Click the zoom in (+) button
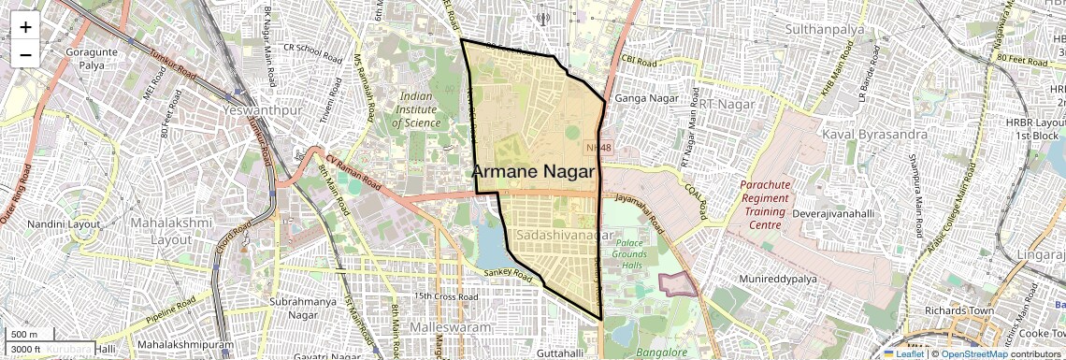[25, 27]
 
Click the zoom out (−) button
[25, 53]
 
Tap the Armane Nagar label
[534, 172]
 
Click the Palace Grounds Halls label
[636, 255]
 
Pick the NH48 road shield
[598, 149]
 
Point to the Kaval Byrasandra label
[875, 135]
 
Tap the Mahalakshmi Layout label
[163, 232]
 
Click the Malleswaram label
[451, 328]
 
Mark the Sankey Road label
[508, 273]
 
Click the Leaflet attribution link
[903, 353]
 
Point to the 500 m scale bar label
[24, 335]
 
